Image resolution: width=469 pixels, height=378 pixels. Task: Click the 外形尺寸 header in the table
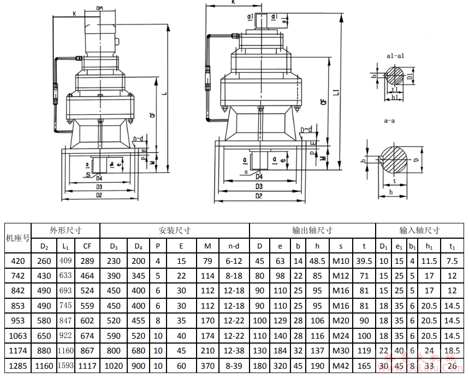pos(66,231)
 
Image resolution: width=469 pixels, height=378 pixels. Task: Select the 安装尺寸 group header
pos(174,231)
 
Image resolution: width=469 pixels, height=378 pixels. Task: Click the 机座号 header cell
pos(17,238)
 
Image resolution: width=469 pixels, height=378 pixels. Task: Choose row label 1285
pos(17,366)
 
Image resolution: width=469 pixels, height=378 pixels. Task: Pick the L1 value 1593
pos(66,366)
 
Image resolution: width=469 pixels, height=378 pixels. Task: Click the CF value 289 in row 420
pos(87,261)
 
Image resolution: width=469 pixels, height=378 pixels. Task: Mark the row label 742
pos(17,276)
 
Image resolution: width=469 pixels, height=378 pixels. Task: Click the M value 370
pos(207,366)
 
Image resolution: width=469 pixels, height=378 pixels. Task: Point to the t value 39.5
pos(364,261)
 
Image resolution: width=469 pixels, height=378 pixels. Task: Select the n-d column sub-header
pos(234,246)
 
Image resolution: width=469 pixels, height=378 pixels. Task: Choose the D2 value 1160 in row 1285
pos(44,366)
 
